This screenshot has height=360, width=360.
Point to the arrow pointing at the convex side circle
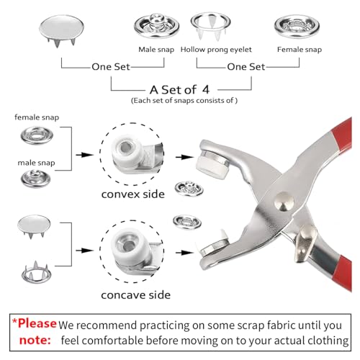(x=87, y=155)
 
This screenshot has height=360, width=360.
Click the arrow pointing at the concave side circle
(x=87, y=254)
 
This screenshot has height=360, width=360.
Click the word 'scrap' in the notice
(x=221, y=325)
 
